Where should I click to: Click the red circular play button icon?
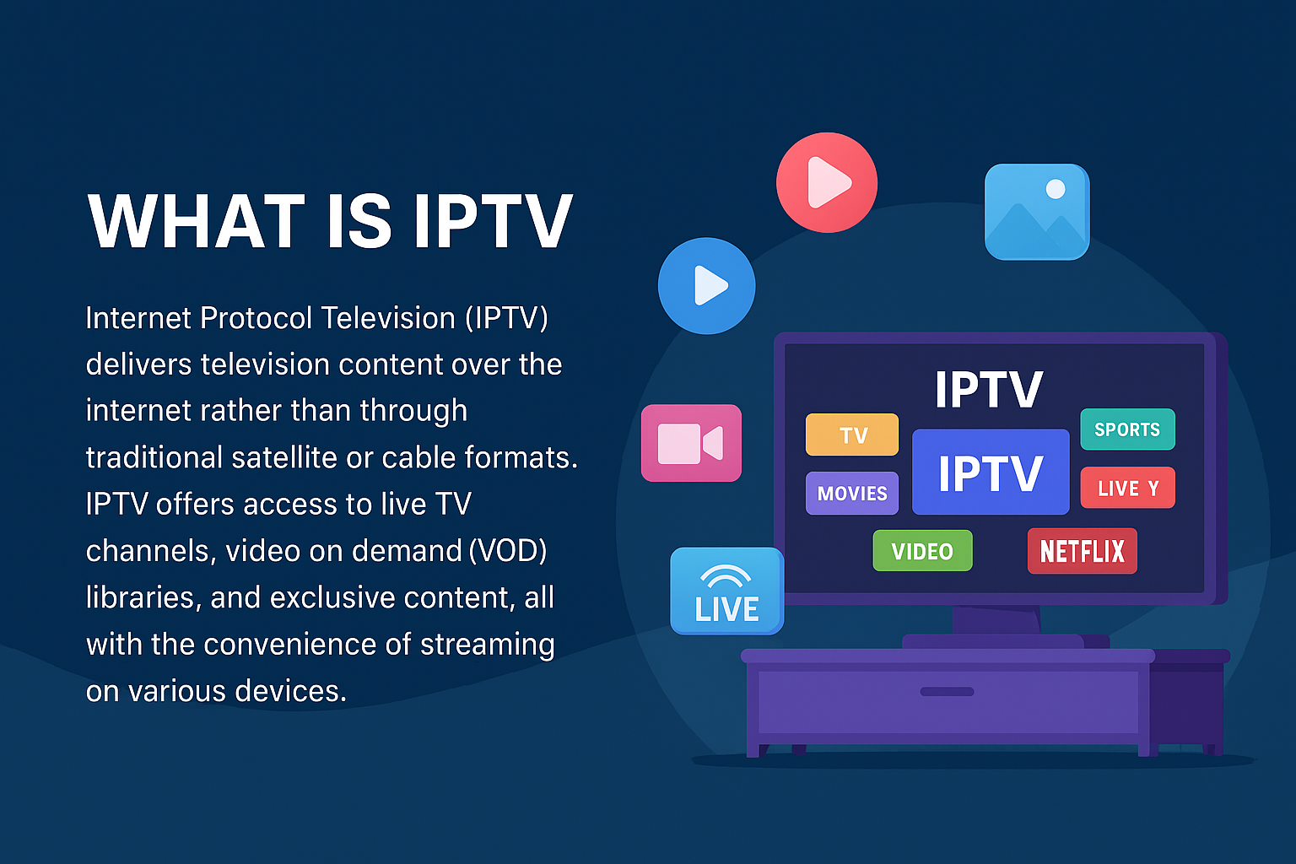[827, 182]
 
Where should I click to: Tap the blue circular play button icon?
[707, 286]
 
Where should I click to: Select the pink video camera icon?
[691, 443]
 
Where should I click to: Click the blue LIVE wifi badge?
[726, 591]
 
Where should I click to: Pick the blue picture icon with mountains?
[1037, 212]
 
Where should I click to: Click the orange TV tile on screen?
[852, 435]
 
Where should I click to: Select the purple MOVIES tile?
[852, 494]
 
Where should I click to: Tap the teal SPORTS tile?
[1127, 429]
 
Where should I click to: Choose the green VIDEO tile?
[922, 551]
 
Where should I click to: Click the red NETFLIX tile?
[1082, 551]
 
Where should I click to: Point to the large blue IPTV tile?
[991, 472]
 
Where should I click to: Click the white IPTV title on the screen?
[989, 390]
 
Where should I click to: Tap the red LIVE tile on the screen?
[1127, 488]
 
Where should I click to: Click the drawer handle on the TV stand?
[947, 692]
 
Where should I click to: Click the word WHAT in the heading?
[196, 222]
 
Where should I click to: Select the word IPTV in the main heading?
[493, 222]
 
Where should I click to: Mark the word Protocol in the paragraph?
[256, 318]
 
